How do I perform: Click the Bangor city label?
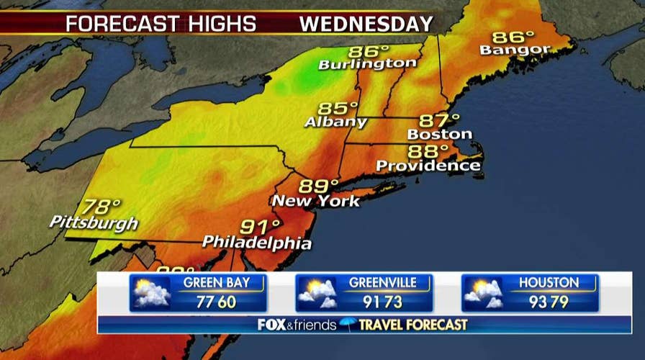[515, 50]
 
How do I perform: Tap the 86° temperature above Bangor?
[513, 36]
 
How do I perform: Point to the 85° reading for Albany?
[338, 109]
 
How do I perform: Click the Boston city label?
[439, 134]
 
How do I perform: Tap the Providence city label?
[428, 166]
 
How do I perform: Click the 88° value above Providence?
[428, 151]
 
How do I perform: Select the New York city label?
[315, 201]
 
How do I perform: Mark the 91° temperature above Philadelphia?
[259, 227]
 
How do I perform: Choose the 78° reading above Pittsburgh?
[102, 207]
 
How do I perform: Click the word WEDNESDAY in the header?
[366, 24]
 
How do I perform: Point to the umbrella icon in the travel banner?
[348, 325]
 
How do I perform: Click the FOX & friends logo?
[297, 325]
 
